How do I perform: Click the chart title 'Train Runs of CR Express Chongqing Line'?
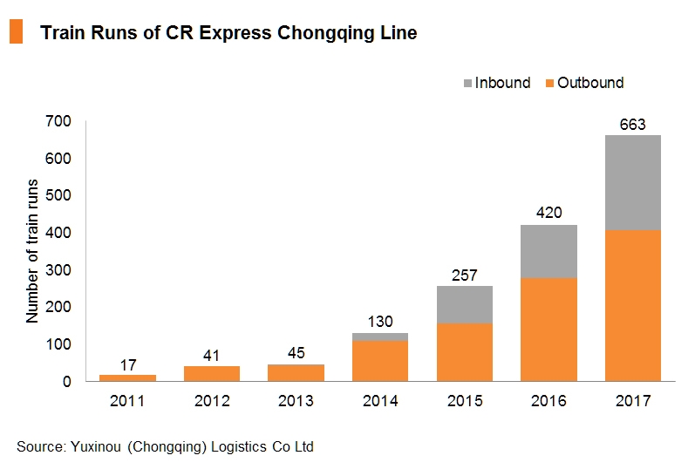228,33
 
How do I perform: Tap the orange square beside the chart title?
16,32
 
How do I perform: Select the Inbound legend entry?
497,83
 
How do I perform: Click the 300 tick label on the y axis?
72,270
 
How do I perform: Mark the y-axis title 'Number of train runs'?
32,251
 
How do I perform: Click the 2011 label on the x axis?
128,401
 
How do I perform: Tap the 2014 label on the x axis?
380,401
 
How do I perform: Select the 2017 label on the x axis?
632,401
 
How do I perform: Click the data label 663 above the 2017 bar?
632,125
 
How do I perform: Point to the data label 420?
549,213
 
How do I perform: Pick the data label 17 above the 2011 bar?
128,365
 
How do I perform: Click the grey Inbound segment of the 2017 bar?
632,182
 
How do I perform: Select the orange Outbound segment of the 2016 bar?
549,330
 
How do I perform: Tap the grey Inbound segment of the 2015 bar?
464,304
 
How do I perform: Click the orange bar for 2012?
212,374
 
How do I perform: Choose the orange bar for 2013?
296,373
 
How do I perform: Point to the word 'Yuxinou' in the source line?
91,447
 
